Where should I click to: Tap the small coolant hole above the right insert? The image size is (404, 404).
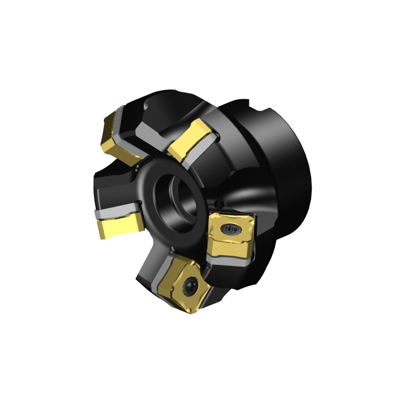[x=220, y=203]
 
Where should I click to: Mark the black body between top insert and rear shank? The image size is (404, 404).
[x=231, y=144]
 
